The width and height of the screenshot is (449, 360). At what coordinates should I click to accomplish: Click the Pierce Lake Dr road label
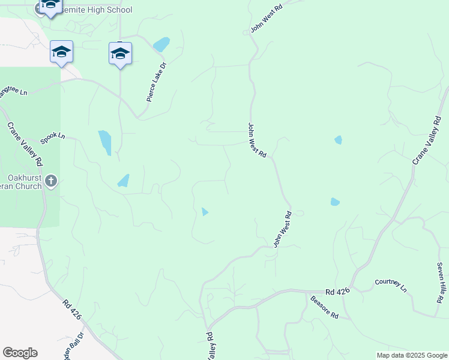(156, 81)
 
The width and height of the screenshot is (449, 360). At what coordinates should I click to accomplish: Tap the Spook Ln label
(52, 138)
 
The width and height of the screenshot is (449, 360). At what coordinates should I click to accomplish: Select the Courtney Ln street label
(391, 285)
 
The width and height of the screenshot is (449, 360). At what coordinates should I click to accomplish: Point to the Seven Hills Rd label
(441, 282)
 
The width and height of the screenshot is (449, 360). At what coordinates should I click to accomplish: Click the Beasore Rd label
(325, 307)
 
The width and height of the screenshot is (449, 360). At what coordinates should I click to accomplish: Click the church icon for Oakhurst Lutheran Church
(52, 181)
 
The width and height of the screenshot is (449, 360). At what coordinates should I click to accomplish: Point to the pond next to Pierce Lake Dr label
(161, 44)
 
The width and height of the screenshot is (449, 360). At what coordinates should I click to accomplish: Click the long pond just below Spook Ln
(104, 142)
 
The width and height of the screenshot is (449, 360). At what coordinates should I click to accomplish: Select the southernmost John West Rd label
(282, 229)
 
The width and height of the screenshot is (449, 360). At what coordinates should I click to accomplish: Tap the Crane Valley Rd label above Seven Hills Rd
(427, 142)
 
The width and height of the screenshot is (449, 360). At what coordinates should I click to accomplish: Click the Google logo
(20, 353)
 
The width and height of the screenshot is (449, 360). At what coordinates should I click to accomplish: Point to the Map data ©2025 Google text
(412, 355)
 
